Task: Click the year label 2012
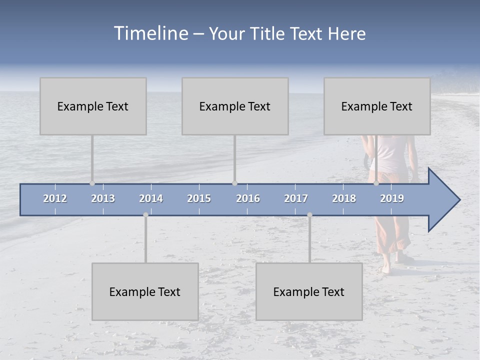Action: [x=55, y=198]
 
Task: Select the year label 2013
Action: [x=103, y=198]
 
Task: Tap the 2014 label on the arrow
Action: [x=151, y=198]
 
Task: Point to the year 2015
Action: [x=199, y=198]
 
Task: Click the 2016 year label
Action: [x=248, y=198]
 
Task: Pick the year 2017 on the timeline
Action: [x=296, y=198]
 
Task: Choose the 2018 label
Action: [x=344, y=198]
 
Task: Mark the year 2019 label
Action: [x=392, y=198]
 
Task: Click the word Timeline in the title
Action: [x=150, y=33]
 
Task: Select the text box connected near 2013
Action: [x=93, y=106]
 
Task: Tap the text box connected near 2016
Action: [x=235, y=106]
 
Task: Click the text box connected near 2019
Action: [x=377, y=106]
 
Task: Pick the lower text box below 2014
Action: [x=145, y=292]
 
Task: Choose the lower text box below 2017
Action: [x=309, y=292]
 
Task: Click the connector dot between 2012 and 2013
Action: [x=92, y=183]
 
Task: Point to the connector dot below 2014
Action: [x=145, y=215]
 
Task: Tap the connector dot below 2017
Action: [x=309, y=215]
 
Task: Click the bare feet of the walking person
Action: [x=392, y=265]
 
